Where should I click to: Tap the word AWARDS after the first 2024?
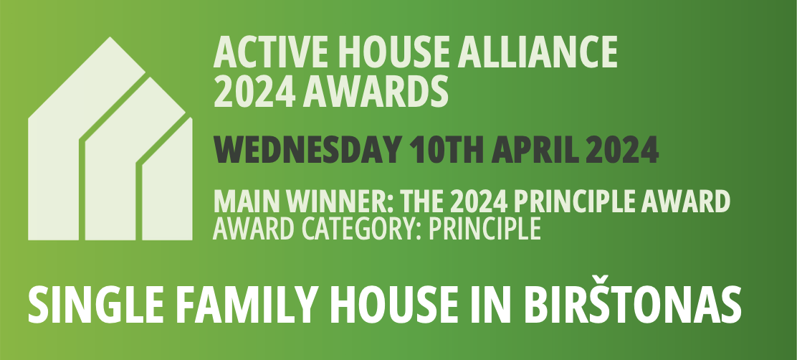[376, 91]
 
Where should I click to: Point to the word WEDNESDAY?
[307, 150]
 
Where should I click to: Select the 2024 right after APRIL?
[622, 150]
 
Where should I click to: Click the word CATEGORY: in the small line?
[361, 229]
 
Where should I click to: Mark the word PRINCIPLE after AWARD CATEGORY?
[485, 229]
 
